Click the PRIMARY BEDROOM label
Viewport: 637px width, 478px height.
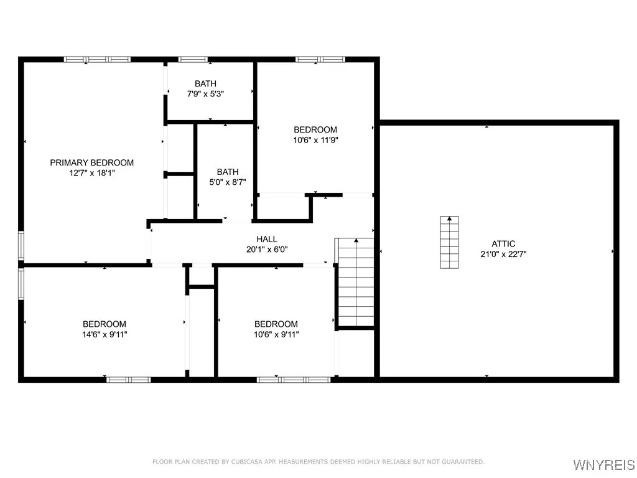[x=91, y=162]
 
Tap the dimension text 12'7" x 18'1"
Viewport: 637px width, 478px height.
[x=93, y=173]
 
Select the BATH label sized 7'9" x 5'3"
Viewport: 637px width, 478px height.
[x=205, y=83]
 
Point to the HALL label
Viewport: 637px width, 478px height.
[x=267, y=239]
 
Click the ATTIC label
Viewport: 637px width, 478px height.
[x=503, y=244]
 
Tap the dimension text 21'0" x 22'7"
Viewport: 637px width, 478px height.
[x=503, y=254]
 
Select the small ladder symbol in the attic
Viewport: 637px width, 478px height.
[x=449, y=242]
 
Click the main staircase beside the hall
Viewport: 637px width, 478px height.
[x=356, y=283]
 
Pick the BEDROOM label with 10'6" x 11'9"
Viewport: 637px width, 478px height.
[x=315, y=129]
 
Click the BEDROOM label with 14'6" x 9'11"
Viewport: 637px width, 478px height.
[x=105, y=324]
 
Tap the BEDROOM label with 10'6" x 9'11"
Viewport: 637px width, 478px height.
[x=276, y=324]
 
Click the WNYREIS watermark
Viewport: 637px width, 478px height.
[x=603, y=465]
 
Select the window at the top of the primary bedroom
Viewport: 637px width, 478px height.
[x=97, y=59]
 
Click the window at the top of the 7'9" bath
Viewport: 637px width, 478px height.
[x=193, y=59]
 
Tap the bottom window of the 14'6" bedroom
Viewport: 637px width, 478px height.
[x=128, y=378]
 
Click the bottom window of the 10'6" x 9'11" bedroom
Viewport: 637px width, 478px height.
[x=294, y=378]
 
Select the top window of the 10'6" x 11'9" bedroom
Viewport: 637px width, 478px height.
[x=320, y=59]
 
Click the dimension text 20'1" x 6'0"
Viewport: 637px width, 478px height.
[x=267, y=249]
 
